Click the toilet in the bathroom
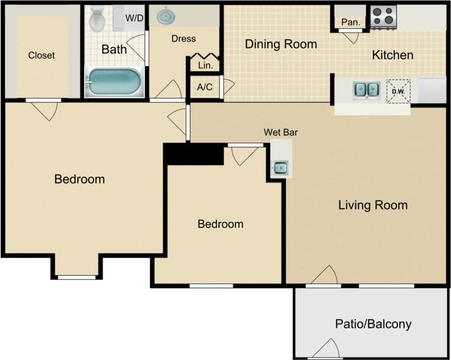(97, 19)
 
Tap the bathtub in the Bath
(114, 81)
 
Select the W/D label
(134, 18)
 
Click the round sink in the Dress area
(166, 16)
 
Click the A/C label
(205, 87)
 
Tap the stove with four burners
(383, 17)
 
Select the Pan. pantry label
(350, 22)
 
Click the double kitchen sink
(367, 90)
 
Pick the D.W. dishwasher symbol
(398, 92)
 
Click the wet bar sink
(280, 167)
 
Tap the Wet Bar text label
(280, 132)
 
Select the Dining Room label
(280, 44)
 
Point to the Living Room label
(372, 205)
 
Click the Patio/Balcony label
(373, 324)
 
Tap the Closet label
(41, 55)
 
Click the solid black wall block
(194, 154)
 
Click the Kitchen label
(392, 55)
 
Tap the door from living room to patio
(323, 277)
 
